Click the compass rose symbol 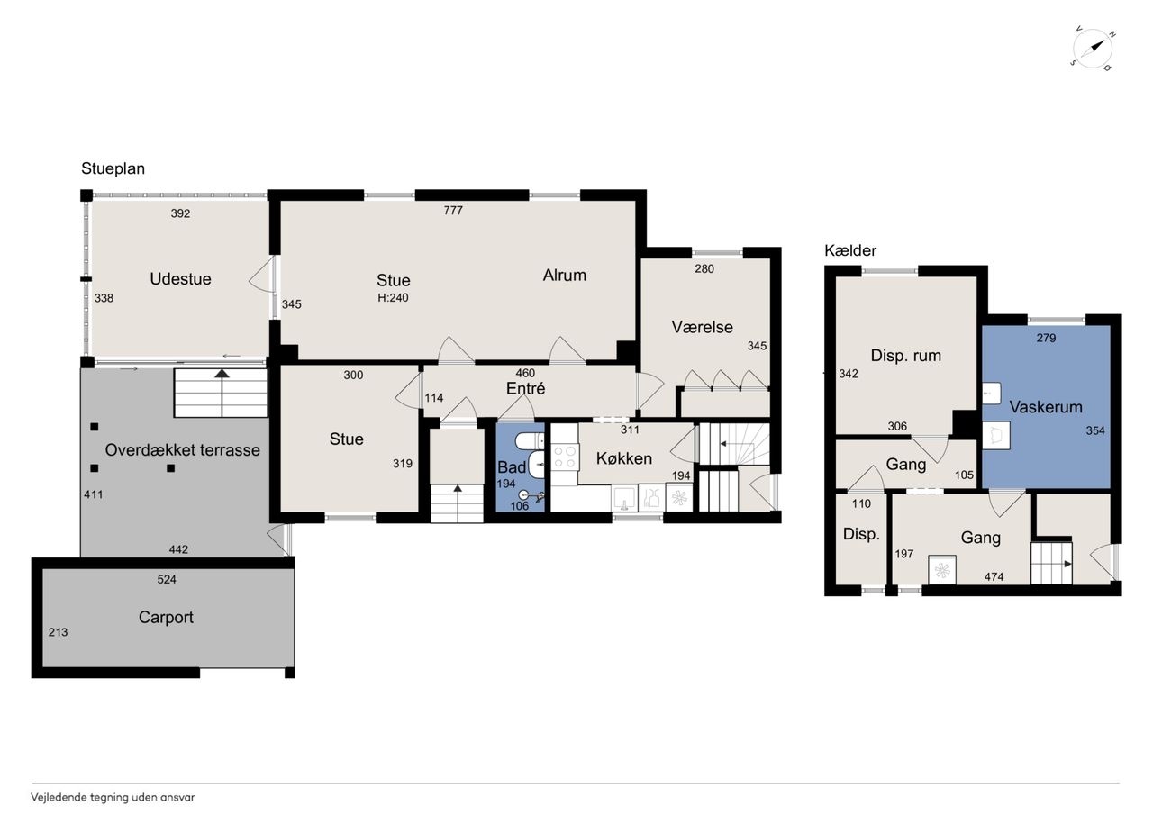coord(1093,50)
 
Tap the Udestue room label coord(180,279)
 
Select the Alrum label coord(564,276)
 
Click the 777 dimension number coord(453,210)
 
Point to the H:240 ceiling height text coord(393,297)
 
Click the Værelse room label coord(702,327)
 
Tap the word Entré coord(525,388)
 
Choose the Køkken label coord(624,458)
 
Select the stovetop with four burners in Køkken coord(564,457)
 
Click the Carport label coord(166,618)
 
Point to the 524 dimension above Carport coord(167,579)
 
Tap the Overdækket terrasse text coord(182,450)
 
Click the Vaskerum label coord(1046,407)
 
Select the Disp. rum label coord(906,356)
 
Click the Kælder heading coord(850,250)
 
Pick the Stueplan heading coord(113,168)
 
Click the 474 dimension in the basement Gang coord(994,576)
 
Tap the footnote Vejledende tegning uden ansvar coord(113,797)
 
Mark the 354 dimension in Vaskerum coord(1095,430)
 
